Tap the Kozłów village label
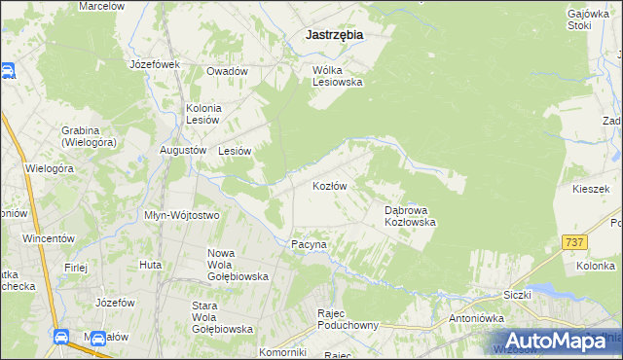330,185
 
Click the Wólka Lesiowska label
337,76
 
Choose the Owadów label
227,71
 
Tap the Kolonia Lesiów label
204,113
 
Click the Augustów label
183,151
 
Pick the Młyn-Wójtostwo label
181,215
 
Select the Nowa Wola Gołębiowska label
238,265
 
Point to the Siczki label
519,293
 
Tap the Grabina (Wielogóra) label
87,136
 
